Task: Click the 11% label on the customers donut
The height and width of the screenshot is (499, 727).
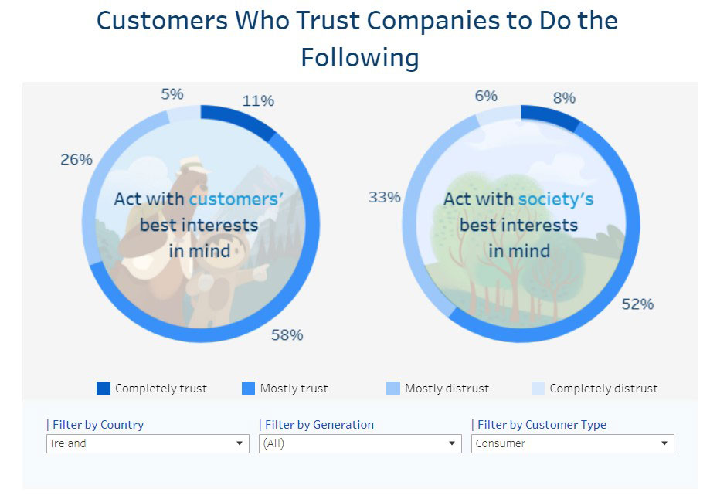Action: click(258, 100)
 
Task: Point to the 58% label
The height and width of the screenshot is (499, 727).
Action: click(287, 334)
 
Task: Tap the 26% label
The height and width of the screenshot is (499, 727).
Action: click(76, 160)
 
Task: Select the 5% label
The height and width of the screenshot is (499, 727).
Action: click(172, 94)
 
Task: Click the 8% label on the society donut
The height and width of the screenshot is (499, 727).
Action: click(564, 98)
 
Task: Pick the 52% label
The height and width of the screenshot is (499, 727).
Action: click(637, 304)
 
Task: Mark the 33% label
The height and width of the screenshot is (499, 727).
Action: click(384, 197)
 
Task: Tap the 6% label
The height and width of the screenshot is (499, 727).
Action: click(486, 96)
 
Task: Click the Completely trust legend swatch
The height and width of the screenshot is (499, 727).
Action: click(104, 388)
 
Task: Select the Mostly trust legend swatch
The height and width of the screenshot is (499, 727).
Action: click(249, 388)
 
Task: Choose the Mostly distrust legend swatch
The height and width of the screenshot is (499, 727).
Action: click(393, 388)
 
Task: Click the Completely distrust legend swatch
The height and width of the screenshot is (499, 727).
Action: click(538, 388)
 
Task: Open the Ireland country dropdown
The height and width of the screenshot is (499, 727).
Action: click(148, 443)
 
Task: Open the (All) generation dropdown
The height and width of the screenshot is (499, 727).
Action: click(360, 443)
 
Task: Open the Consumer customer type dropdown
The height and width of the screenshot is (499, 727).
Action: click(572, 443)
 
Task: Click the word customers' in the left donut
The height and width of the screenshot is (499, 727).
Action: click(236, 199)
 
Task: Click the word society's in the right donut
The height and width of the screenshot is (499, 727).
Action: click(555, 199)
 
